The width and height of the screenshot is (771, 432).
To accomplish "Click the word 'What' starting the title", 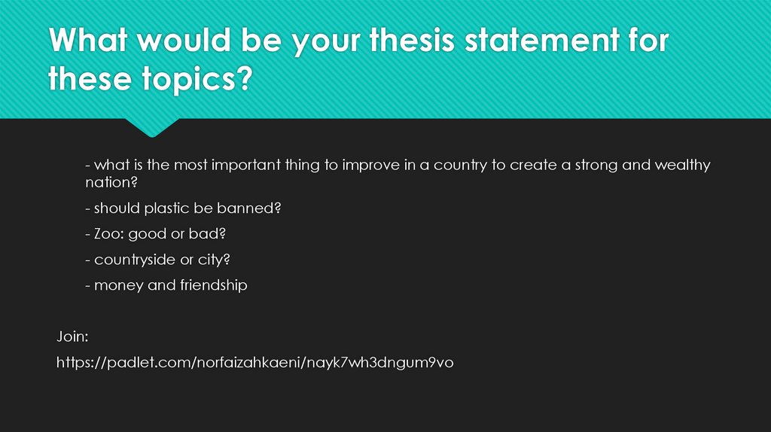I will (x=94, y=41).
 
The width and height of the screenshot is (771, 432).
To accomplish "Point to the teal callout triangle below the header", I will (x=152, y=126).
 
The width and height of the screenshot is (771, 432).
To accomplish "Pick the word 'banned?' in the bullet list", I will (x=254, y=208).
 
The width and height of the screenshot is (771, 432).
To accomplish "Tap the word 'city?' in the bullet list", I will (x=212, y=260).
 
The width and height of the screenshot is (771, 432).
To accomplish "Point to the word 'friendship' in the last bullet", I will (x=213, y=285).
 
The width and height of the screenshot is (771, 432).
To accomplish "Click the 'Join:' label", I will (x=72, y=336).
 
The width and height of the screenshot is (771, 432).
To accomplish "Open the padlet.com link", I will (x=255, y=363).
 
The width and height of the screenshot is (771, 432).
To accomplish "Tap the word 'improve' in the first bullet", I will (x=367, y=165).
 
